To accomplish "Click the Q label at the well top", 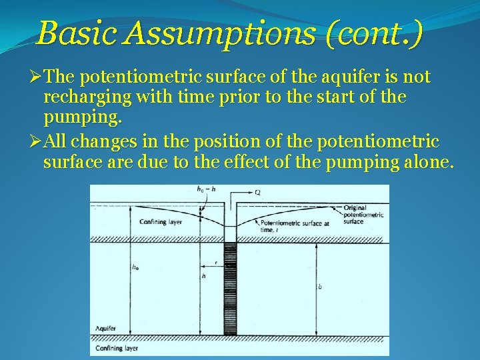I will click(x=257, y=191).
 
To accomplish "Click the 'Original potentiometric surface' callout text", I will click(x=363, y=215).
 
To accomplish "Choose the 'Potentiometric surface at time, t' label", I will click(x=294, y=225).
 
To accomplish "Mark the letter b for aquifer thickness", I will click(x=320, y=287).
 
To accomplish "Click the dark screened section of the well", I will click(x=230, y=287).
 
